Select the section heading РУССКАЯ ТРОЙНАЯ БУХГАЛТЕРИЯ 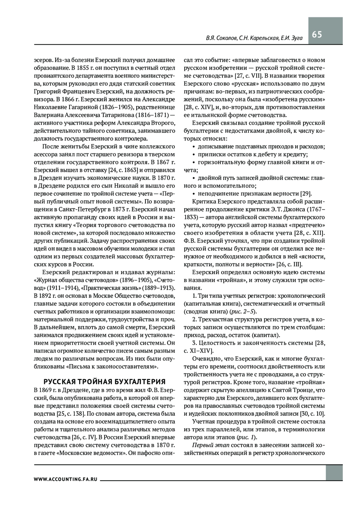coord(105,382)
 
